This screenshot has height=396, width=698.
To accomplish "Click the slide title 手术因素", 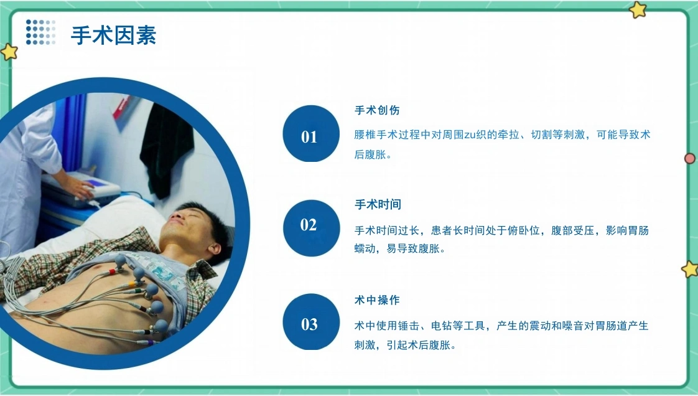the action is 113,35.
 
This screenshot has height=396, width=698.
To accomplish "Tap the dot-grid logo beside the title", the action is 40,32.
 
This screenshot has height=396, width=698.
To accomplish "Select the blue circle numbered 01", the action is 310,134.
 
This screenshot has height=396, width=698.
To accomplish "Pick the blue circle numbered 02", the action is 310,228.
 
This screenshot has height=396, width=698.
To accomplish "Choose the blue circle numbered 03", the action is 310,322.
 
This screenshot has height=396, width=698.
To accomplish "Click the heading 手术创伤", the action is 377,110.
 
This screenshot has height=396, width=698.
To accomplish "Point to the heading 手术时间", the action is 378,204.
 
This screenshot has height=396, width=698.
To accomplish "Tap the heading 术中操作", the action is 377,299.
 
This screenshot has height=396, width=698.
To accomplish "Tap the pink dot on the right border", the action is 689,158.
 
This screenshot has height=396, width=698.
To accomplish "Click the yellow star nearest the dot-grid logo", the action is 9,52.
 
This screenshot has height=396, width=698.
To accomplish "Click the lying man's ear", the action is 216,248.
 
